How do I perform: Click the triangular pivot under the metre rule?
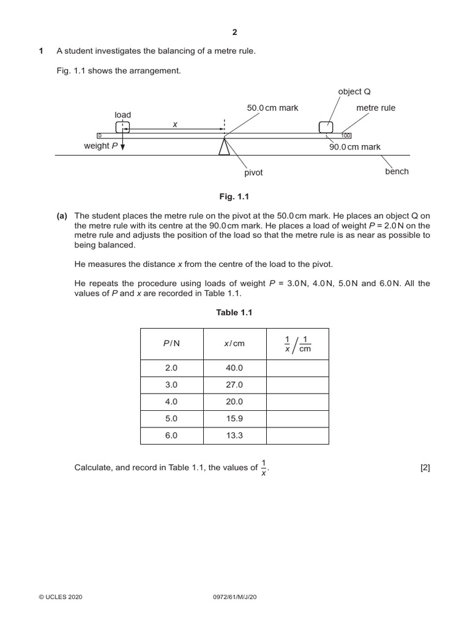pos(225,148)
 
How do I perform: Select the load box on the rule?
pos(122,127)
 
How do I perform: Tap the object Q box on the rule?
pos(326,127)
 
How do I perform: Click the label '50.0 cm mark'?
pos(272,108)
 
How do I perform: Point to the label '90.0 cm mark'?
pos(355,147)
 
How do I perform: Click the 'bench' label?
pos(397,171)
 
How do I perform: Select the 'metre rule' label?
pos(376,108)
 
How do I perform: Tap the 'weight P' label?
pos(101,146)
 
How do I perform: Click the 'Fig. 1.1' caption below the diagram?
pos(234,197)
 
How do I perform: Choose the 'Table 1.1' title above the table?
pos(234,312)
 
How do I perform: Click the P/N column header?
pos(171,344)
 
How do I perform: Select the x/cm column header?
pos(234,344)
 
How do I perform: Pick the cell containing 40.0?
pos(234,368)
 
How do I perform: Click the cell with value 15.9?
pos(234,419)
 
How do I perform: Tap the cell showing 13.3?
pos(234,435)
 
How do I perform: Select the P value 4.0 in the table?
pos(171,402)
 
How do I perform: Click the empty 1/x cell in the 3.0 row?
pos(297,385)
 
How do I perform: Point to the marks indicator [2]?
pos(425,468)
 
